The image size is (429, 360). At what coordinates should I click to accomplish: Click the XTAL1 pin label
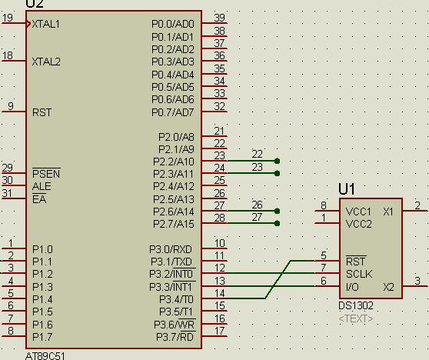point(45,24)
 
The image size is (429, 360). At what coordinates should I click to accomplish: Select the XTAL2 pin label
point(46,62)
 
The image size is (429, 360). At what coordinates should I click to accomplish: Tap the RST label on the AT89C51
point(42,112)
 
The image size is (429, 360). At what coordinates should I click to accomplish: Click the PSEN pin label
point(46,174)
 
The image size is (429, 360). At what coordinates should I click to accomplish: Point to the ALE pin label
point(42,186)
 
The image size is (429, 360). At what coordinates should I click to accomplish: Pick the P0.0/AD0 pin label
point(173,24)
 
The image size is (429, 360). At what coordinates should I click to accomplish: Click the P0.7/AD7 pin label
point(173,112)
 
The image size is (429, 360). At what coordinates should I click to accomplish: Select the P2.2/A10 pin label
point(174,162)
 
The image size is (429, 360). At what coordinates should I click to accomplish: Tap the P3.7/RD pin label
point(175,337)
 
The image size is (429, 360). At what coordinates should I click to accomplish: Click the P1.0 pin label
point(42,249)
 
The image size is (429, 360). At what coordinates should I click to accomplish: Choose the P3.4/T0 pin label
point(177,299)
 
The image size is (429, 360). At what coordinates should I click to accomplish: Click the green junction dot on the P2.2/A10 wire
point(277,161)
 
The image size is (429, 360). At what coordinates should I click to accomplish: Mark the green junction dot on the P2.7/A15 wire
point(277,223)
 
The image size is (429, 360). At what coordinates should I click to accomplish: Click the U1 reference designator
point(347,189)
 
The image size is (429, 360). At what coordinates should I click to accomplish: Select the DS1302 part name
point(356,305)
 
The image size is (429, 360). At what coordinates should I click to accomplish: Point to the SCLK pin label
point(359,274)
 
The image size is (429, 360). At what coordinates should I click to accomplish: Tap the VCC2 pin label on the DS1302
point(359,224)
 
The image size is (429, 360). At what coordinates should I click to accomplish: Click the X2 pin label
point(388,287)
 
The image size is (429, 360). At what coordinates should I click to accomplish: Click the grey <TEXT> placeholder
point(356,318)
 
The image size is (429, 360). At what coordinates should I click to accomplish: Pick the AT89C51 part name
point(45,356)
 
